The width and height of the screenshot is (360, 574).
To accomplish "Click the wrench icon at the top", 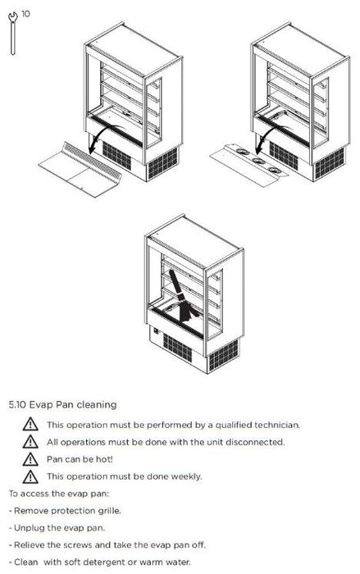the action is (x=13, y=34).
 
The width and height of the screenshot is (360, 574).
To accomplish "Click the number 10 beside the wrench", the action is (x=25, y=14).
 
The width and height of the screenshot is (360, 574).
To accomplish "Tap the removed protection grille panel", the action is (x=80, y=170).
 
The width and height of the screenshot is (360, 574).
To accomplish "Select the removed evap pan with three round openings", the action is (x=249, y=164).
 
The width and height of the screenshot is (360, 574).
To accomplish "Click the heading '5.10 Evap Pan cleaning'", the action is (x=62, y=404).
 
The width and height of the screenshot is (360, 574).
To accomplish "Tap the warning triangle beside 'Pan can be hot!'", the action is (x=30, y=459).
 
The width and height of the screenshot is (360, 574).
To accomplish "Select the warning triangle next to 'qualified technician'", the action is (x=30, y=425).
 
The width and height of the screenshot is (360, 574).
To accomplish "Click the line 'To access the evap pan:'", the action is (x=59, y=494).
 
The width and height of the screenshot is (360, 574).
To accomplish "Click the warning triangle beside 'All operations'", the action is (x=30, y=442).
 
